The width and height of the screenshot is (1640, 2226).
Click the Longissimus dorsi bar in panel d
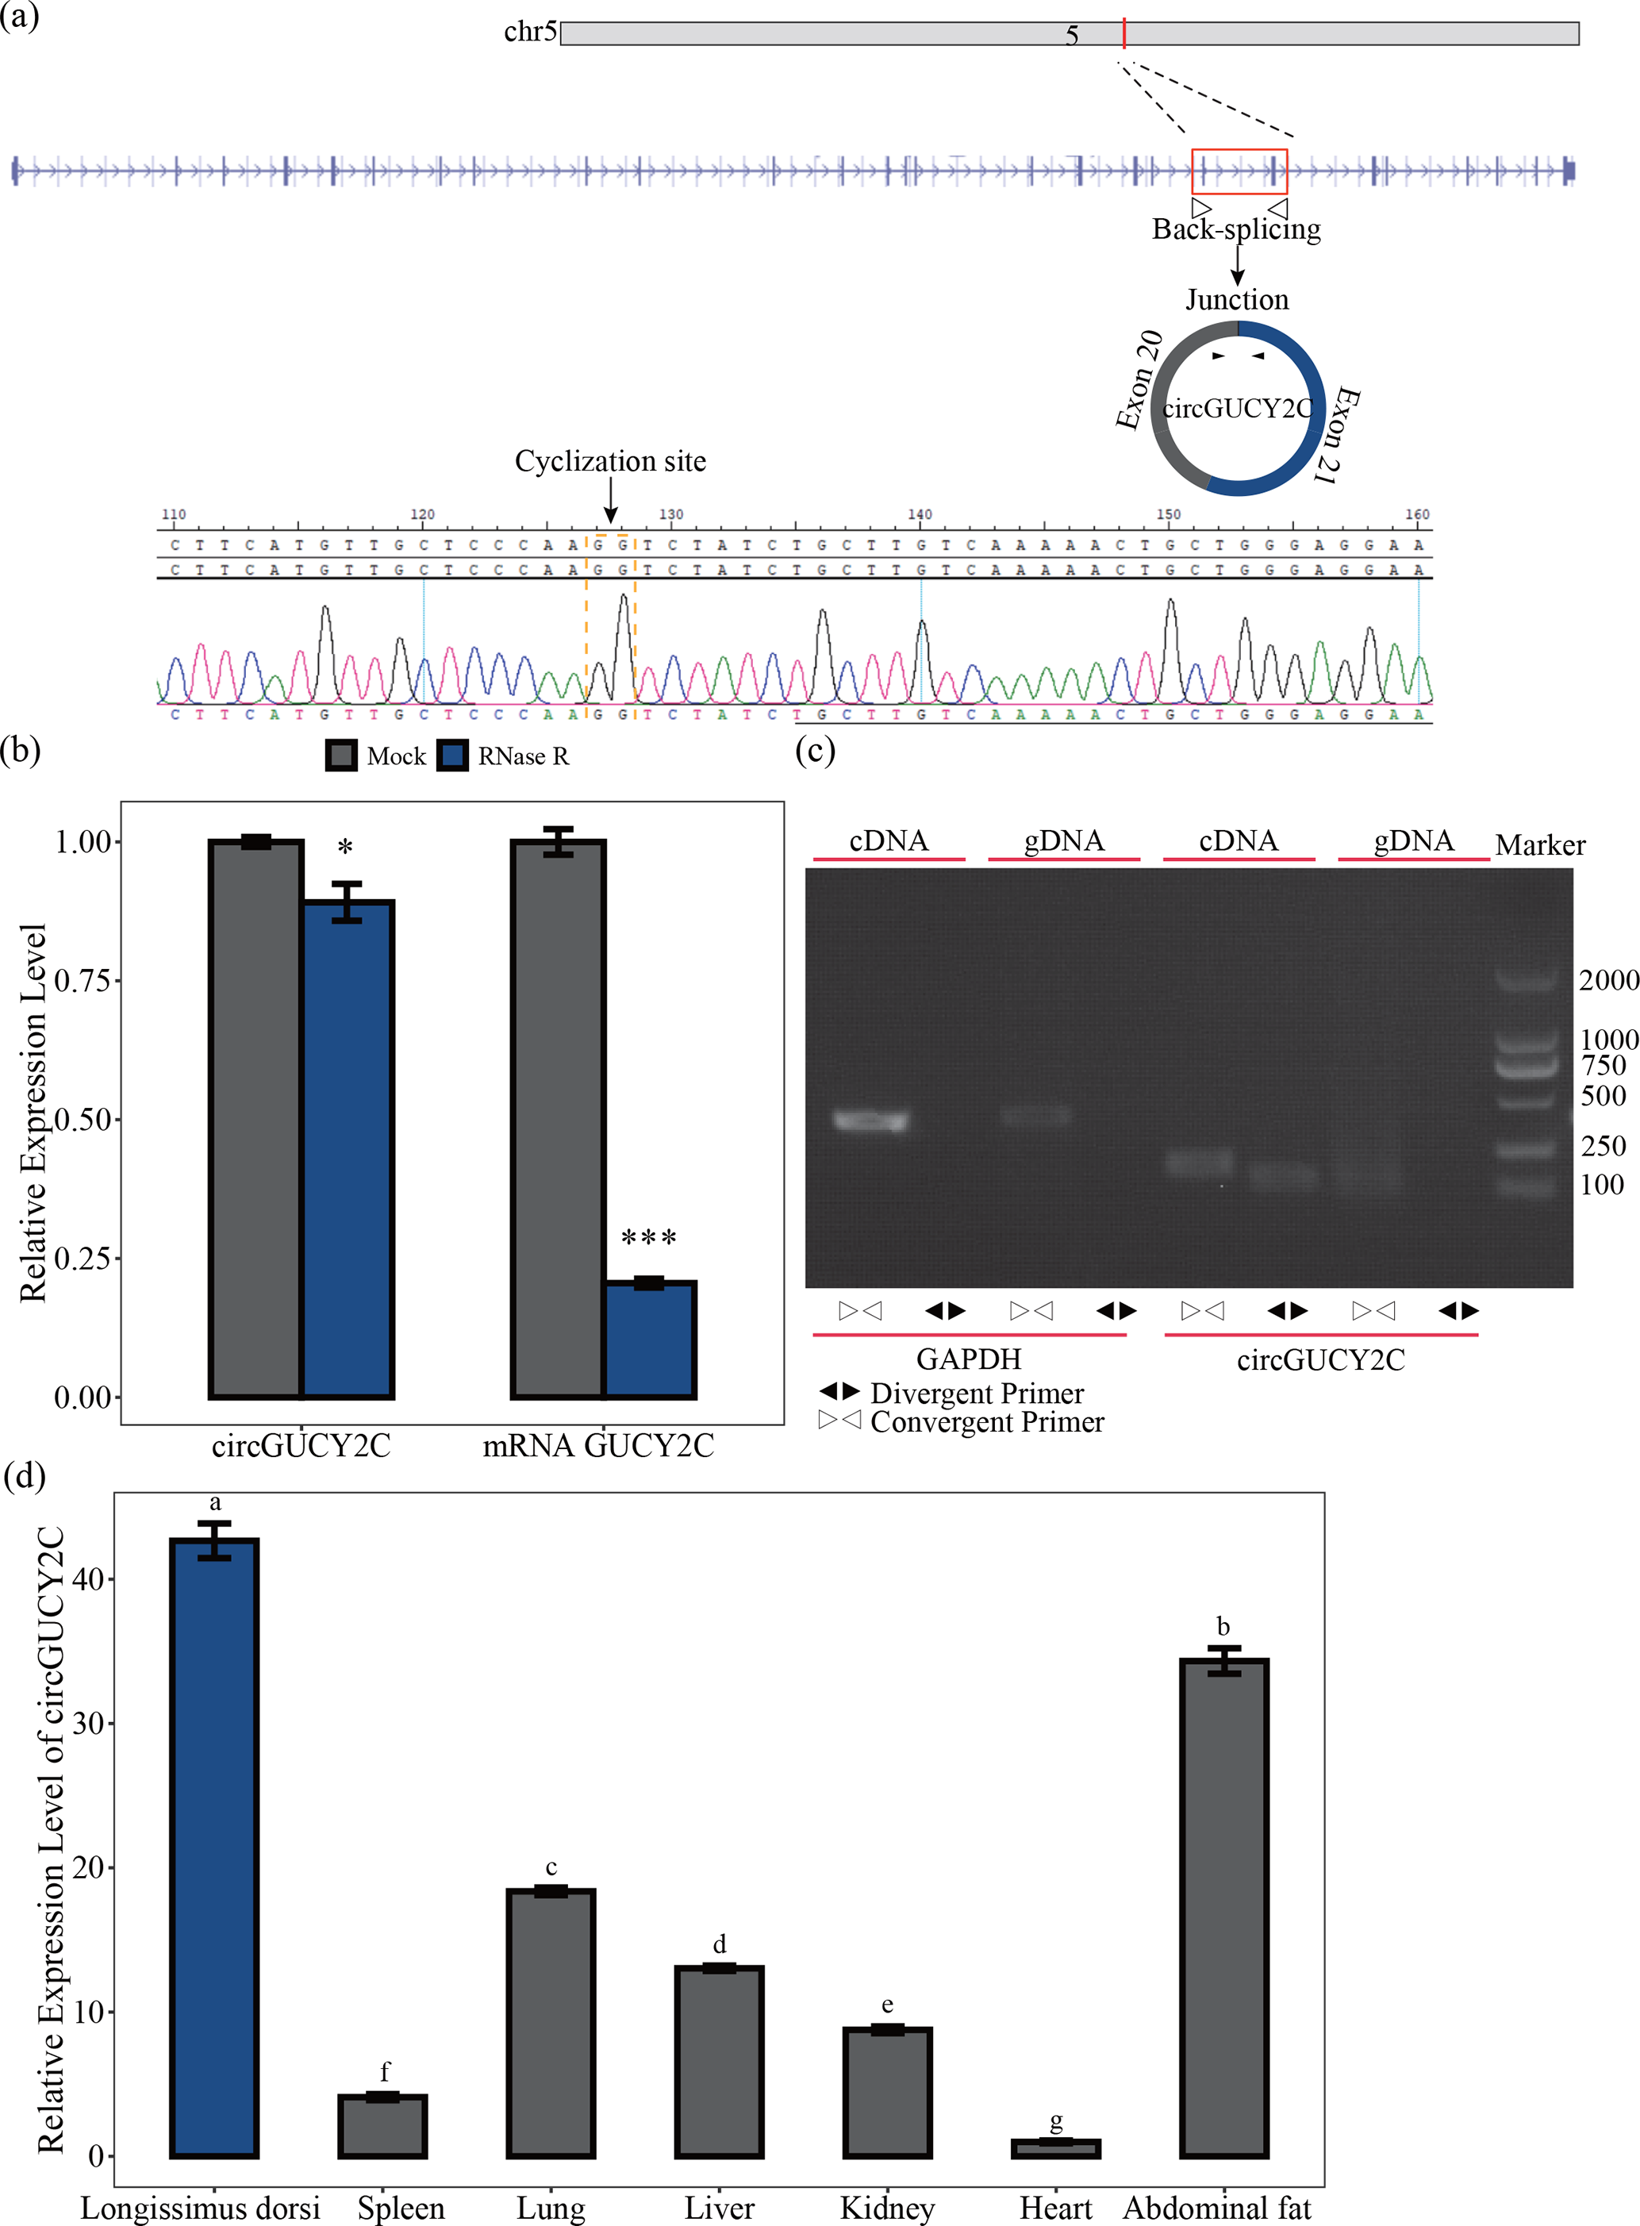point(214,1847)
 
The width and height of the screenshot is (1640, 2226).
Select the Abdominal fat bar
point(1224,1906)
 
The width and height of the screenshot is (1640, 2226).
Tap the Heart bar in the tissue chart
point(1055,2148)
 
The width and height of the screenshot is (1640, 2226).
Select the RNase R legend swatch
point(453,755)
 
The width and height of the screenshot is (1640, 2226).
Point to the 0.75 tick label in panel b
point(82,981)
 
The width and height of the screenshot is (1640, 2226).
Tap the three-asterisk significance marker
point(648,1237)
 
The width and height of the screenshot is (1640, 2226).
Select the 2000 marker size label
point(1608,980)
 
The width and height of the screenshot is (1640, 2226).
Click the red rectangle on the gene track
point(1239,171)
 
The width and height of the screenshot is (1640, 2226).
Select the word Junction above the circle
point(1237,299)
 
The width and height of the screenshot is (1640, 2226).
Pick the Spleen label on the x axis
point(401,2208)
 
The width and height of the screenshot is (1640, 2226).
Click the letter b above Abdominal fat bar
point(1223,1626)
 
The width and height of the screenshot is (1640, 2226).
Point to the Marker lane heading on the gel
point(1540,845)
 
